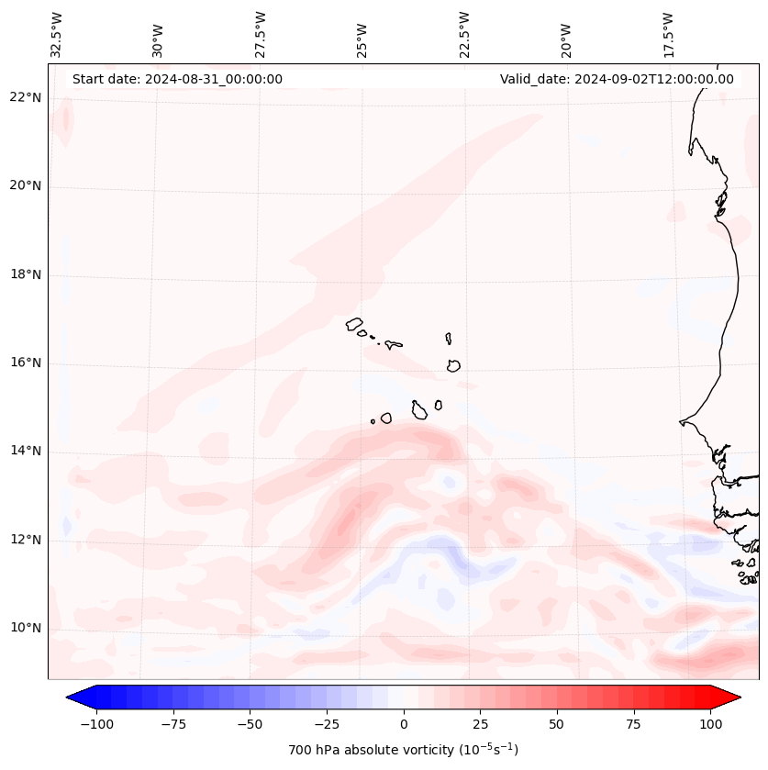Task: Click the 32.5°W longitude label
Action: coord(57,34)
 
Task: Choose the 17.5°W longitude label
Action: coord(668,34)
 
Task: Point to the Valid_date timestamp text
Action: coord(617,79)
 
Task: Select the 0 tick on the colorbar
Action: coord(404,724)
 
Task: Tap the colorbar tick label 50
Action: coord(557,724)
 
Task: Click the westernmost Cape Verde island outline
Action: coord(354,323)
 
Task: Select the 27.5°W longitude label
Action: coord(261,34)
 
